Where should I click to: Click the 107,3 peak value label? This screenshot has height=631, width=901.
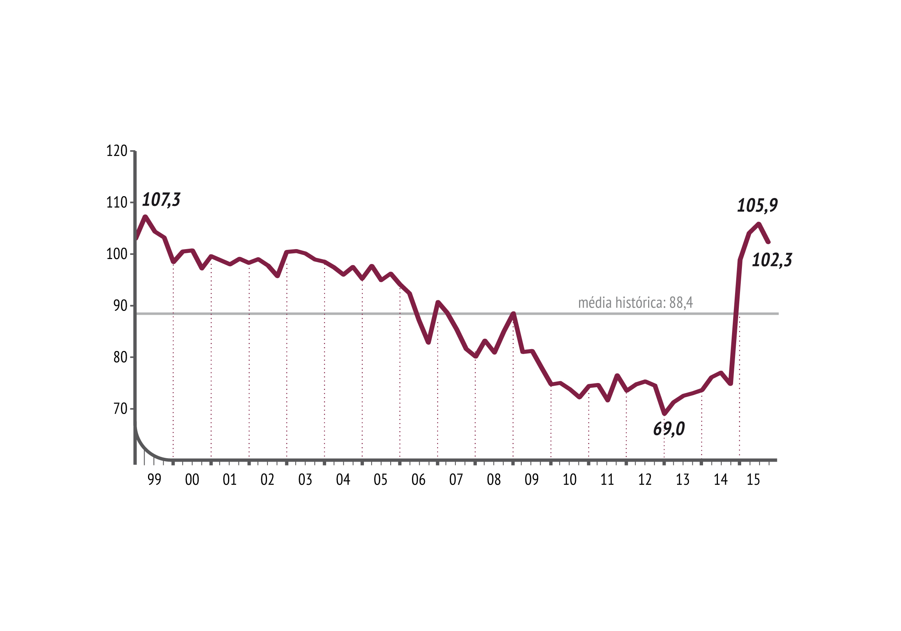tap(161, 200)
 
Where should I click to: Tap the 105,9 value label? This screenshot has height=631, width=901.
tap(757, 206)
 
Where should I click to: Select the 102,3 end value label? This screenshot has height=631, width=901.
tap(772, 260)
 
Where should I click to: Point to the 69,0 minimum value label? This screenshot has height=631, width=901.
tap(669, 429)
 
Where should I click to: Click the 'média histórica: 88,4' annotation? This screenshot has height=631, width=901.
tap(636, 303)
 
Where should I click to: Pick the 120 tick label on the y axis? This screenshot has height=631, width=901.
tap(117, 151)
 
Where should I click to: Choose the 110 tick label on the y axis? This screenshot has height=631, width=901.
tap(117, 203)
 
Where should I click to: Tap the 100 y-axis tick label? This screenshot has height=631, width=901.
tap(117, 254)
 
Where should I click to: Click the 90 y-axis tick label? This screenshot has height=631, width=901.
tap(120, 306)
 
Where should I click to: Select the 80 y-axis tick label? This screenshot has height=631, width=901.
tap(120, 357)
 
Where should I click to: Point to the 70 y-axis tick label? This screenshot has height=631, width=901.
tap(120, 409)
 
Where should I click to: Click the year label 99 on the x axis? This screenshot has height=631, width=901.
tap(154, 480)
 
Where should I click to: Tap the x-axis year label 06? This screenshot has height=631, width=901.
tap(418, 480)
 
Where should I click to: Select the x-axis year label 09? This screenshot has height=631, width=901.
tap(532, 480)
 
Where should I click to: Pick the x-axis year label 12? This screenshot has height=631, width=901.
tap(645, 480)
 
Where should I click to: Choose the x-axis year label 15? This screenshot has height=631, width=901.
tap(753, 480)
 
